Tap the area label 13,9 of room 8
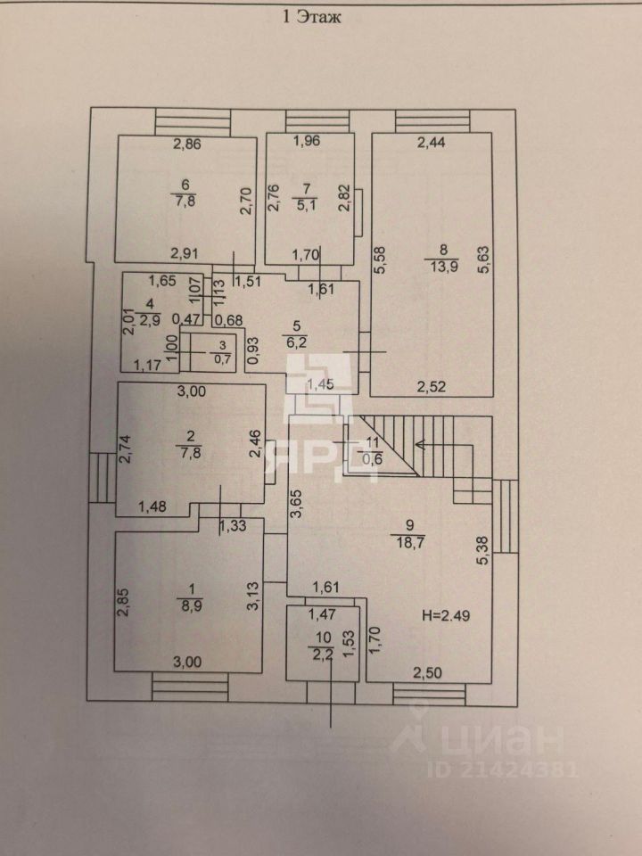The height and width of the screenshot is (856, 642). (443, 268)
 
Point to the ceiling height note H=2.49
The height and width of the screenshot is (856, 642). (444, 615)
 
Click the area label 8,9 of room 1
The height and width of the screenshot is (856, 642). (188, 604)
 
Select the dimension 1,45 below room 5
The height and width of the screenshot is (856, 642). (320, 383)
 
